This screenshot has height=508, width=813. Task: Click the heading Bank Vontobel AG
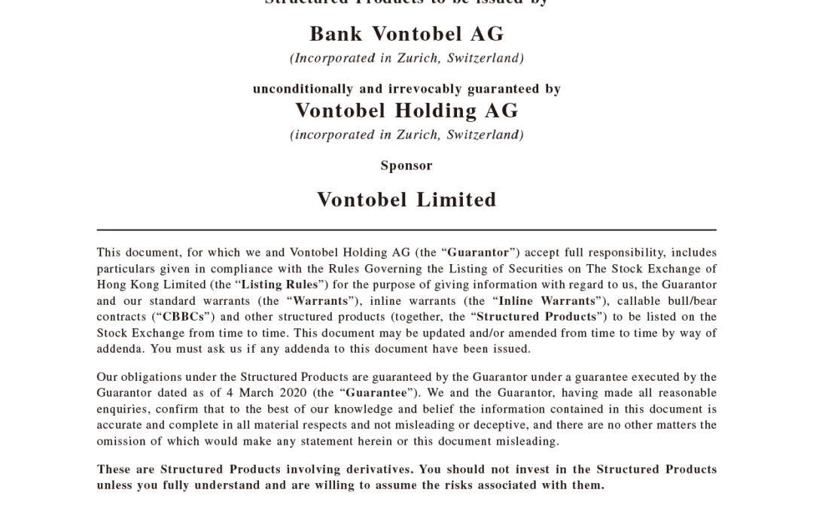coord(406,35)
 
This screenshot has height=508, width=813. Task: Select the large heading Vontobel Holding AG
coord(406,111)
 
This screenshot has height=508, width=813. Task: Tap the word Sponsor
coord(406,166)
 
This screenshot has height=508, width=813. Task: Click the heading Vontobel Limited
coord(406,200)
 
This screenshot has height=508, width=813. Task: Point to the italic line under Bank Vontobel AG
coord(406,58)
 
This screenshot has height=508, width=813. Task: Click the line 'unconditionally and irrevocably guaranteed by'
coord(406,89)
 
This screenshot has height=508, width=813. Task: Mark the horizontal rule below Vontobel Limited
coord(406,230)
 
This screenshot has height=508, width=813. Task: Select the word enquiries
coord(122,409)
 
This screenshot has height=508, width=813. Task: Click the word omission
coord(121,441)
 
